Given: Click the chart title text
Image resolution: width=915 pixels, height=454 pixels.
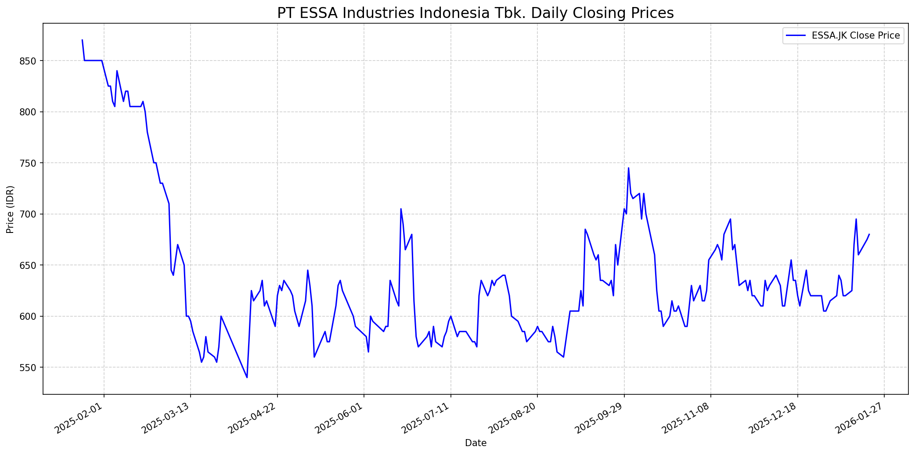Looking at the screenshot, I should (x=475, y=13).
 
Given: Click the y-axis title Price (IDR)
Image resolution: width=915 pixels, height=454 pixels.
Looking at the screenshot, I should (x=10, y=209).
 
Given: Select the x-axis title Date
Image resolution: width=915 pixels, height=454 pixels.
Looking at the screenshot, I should (x=476, y=443).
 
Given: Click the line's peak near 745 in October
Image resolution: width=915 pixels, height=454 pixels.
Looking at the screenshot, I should (x=628, y=168).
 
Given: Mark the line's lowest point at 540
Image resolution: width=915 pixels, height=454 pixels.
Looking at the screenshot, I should (x=247, y=377).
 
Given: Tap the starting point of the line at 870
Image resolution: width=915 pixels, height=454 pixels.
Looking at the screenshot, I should (x=82, y=40).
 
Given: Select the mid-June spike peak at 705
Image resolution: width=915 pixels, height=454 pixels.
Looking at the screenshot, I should (x=401, y=209).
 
